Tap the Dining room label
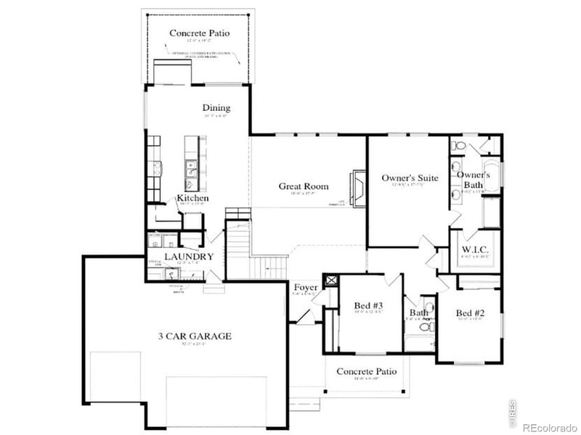pos(216,108)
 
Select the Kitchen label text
pos(193,198)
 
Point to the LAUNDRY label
pos(188,257)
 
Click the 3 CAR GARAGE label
pos(195,336)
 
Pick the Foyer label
pos(306,289)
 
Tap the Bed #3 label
pos(368,305)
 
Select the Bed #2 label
pos(470,313)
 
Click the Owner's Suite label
pos(410,178)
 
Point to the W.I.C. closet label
pos(475,250)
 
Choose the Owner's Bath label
pos(474,180)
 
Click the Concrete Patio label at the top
pos(199,33)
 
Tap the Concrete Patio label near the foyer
pos(367,371)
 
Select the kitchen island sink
pos(192,169)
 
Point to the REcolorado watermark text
pos(548,426)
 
